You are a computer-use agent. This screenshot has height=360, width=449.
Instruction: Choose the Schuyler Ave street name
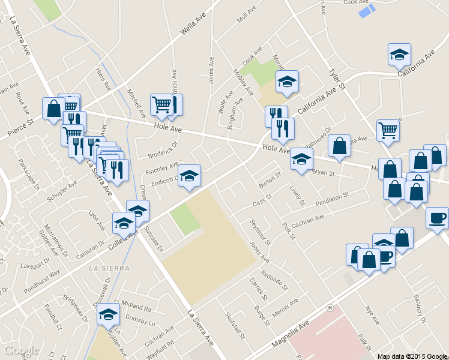(63, 189)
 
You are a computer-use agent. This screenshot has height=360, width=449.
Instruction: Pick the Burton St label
(270, 179)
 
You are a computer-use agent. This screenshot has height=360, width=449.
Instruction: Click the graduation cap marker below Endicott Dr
(189, 176)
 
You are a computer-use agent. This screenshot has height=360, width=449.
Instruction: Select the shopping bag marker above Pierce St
(53, 109)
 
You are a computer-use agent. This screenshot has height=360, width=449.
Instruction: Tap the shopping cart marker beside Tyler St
(388, 130)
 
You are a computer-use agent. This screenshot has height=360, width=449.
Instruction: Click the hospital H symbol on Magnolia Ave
(330, 308)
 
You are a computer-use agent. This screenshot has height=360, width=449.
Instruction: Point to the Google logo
(20, 350)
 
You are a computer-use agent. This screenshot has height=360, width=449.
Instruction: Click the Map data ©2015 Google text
(412, 356)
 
